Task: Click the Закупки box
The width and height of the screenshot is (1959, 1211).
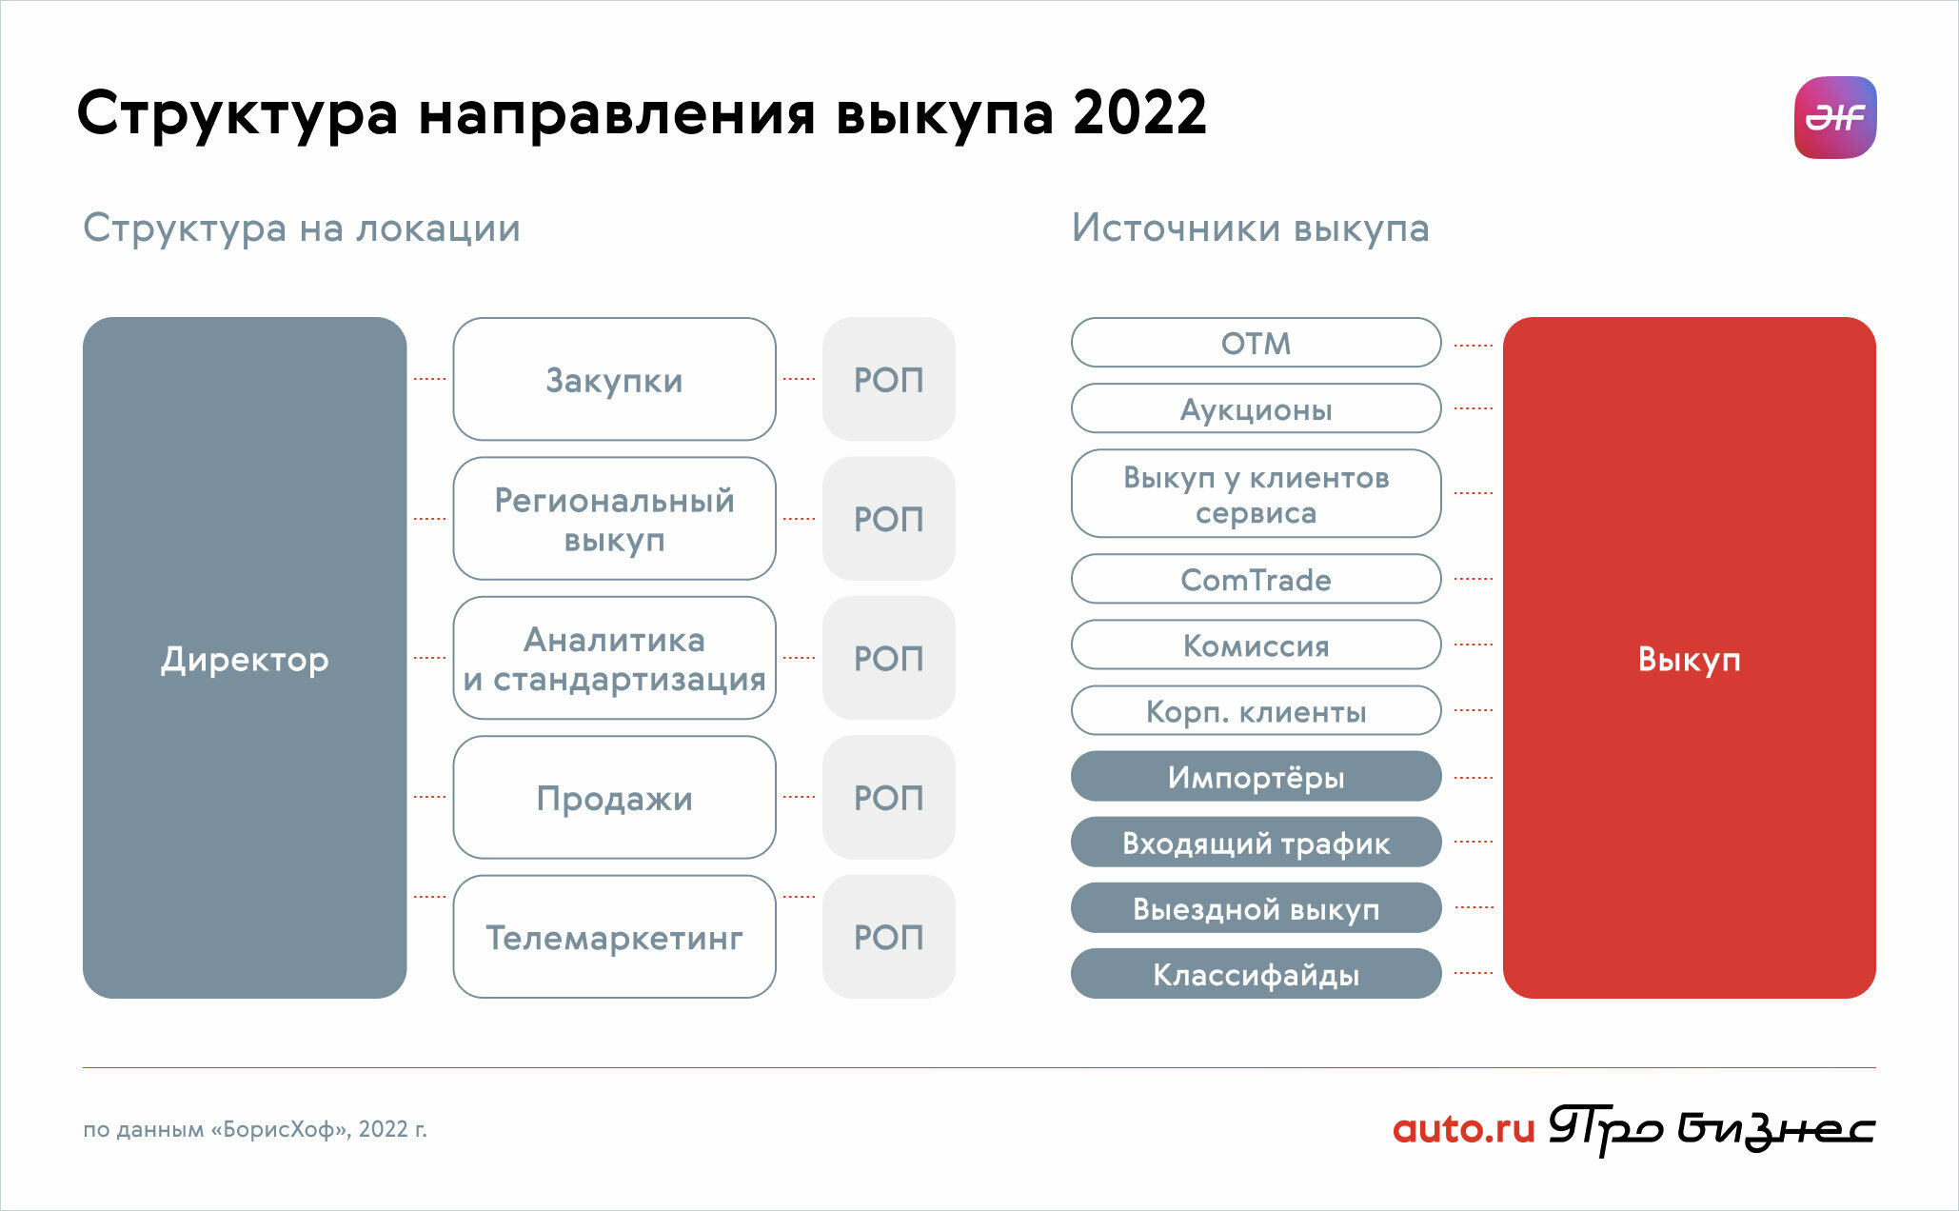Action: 614,379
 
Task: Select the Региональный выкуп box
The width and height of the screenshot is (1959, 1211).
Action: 614,519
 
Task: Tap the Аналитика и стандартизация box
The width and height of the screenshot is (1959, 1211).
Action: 614,658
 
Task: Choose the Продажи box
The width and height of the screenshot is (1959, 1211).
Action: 614,798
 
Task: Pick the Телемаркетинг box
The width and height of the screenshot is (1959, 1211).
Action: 614,937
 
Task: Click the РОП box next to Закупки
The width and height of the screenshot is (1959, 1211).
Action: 889,379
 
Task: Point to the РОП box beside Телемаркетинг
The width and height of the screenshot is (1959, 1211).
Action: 889,937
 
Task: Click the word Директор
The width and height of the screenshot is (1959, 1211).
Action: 245,659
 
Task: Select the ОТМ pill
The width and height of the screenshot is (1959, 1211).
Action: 1257,343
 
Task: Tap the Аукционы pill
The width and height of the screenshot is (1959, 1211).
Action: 1257,408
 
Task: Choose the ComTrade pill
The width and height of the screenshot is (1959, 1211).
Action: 1257,579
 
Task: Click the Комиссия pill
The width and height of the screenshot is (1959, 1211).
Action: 1257,645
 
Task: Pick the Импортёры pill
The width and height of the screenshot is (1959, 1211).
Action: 1257,776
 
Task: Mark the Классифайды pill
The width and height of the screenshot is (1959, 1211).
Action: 1257,973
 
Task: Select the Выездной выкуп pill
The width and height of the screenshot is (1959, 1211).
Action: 1257,907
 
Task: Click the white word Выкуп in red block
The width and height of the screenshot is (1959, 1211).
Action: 1690,660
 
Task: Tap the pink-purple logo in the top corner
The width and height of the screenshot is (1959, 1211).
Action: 1835,117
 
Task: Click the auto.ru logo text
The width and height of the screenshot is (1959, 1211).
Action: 1464,1129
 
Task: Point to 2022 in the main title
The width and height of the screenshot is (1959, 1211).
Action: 1139,113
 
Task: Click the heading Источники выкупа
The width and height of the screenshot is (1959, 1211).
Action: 1251,228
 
